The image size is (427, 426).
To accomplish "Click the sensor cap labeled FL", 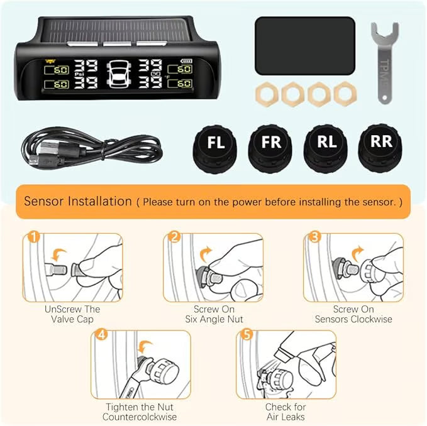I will pos(216,148).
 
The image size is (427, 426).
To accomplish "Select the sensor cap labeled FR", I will pos(272,148).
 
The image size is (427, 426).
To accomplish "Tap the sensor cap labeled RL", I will pos(326,148).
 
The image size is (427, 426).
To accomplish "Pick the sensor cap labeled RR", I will pos(380,148).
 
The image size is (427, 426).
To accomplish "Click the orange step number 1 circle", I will pos(34,237).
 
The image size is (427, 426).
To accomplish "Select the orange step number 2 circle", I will pos(174,237).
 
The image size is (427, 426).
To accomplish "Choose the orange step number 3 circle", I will pos(314,237).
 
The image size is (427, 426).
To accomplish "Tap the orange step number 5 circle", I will pos(247,334).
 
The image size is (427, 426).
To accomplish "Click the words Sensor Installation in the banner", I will pos(78,202).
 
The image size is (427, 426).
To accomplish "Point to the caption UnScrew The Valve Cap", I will pos(72,314).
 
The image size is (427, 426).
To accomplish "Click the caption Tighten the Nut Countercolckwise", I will pos(140,412).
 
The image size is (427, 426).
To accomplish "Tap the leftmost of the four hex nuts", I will pos(267,93).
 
